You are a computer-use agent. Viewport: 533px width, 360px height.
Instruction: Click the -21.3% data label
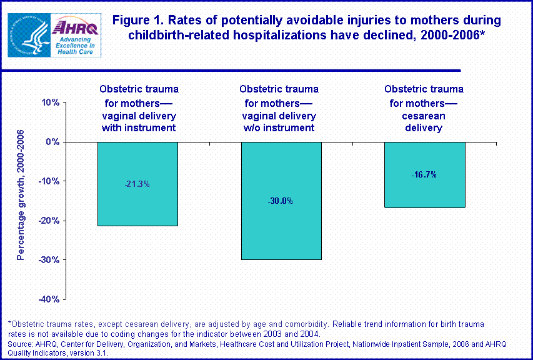pos(137,184)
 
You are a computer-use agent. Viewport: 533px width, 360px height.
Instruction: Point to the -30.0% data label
pos(281,201)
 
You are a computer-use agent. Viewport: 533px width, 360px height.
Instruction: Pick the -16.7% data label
pos(424,174)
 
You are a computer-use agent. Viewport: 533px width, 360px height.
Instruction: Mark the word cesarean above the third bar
pos(424,116)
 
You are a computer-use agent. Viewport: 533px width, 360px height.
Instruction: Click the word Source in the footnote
pos(21,344)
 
